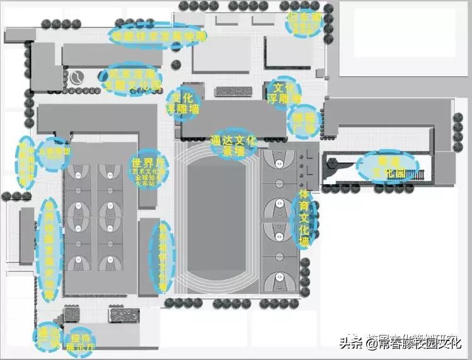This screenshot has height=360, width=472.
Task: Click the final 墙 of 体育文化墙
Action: pos(305,242)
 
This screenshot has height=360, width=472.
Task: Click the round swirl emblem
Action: pos(76,77)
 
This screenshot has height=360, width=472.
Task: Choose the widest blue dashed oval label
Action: pos(158,37)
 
